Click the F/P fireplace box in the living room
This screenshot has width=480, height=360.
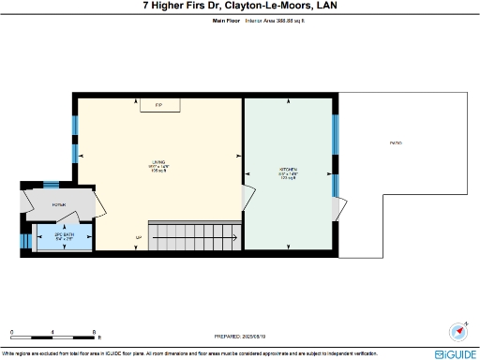click(159, 105)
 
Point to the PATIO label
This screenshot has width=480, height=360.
click(397, 142)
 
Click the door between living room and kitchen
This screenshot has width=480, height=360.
click(247, 196)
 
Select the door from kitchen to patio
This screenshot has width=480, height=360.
click(340, 207)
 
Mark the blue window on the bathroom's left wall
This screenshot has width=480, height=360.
click(23, 238)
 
